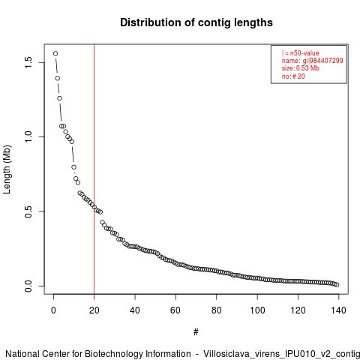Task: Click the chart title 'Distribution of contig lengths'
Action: pos(196,22)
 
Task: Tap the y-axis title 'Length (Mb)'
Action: pos(7,169)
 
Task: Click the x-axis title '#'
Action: pos(196,332)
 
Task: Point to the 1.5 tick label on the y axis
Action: pos(28,62)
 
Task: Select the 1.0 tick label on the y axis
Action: pos(28,136)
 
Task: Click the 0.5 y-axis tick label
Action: pos(28,211)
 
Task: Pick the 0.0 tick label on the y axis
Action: pos(28,286)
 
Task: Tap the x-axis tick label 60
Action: pos(175,310)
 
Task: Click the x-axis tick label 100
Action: pos(257,310)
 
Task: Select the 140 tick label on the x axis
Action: pos(339,310)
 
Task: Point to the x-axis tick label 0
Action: pos(53,310)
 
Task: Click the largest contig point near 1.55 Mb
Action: pos(55,53)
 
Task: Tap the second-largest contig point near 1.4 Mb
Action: pos(58,78)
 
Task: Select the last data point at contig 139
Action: pos(337,285)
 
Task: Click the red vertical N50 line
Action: pos(94,169)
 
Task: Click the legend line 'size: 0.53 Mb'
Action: pos(301,68)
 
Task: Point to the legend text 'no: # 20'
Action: pos(293,76)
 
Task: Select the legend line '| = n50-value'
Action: pos(300,53)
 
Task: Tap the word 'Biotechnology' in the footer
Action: pos(114,354)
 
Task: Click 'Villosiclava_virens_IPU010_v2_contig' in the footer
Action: pos(282,354)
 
